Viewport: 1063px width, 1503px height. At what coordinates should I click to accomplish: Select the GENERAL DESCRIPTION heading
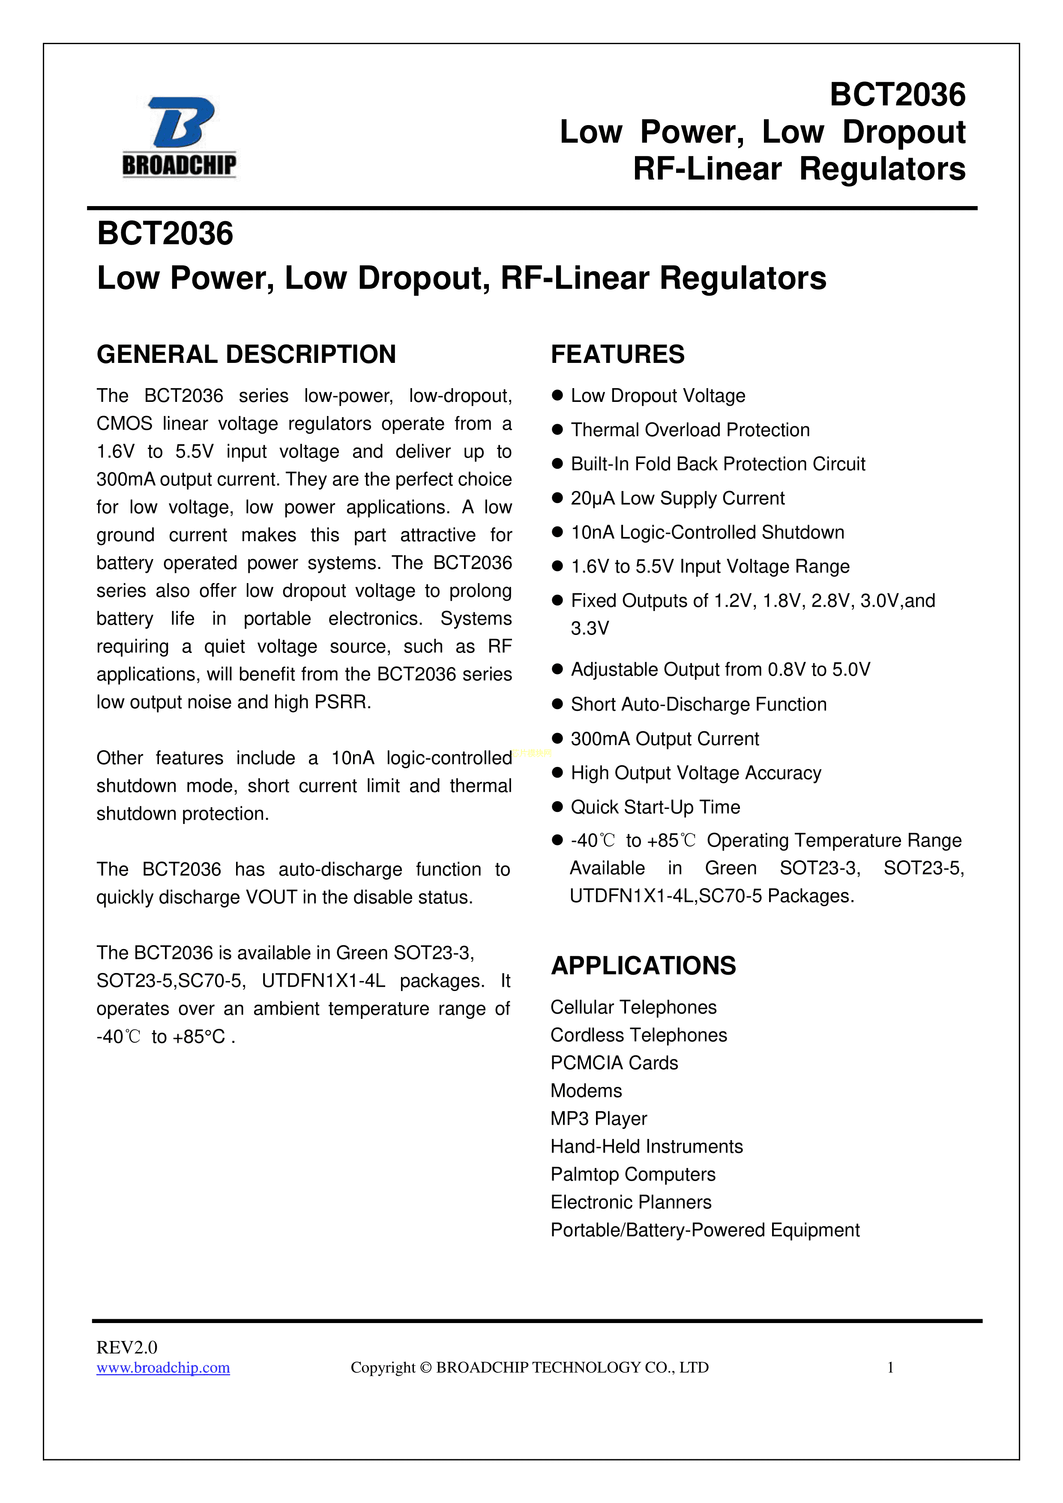[x=246, y=355]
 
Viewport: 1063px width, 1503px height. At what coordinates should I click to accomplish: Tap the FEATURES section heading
[x=617, y=355]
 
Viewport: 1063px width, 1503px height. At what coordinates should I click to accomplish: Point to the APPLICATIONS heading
[x=643, y=966]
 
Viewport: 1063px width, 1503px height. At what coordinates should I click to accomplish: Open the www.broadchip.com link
[x=163, y=1368]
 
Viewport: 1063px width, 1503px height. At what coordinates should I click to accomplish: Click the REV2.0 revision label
[x=127, y=1347]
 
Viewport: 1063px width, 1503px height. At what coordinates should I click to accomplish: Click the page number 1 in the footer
[x=890, y=1368]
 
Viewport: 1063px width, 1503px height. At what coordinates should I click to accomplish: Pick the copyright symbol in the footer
[x=425, y=1368]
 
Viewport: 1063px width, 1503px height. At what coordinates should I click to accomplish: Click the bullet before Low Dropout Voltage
[x=558, y=395]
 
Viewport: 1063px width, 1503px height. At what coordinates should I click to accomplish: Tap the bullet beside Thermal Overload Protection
[x=558, y=430]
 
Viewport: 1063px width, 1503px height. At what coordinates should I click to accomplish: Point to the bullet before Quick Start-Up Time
[x=558, y=807]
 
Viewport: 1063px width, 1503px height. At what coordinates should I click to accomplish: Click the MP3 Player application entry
[x=598, y=1119]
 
